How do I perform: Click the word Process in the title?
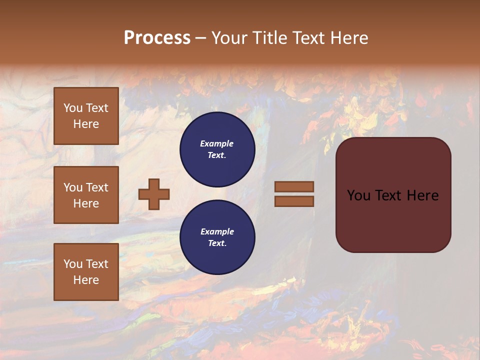[x=157, y=38]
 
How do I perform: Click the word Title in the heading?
[x=268, y=38]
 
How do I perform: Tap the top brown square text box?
[x=86, y=116]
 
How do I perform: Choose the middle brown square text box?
[x=86, y=195]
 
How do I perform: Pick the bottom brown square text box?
[x=86, y=272]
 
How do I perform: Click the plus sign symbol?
[x=154, y=194]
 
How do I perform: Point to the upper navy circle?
[x=217, y=149]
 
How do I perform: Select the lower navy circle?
[x=217, y=237]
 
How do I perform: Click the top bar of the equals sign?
[x=294, y=186]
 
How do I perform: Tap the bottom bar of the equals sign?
[x=294, y=201]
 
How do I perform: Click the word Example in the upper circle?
[x=217, y=143]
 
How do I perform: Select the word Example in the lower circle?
[x=217, y=231]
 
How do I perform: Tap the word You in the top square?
[x=73, y=108]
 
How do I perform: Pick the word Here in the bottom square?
[x=86, y=280]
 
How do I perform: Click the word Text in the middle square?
[x=96, y=187]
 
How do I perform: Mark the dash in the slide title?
[x=200, y=38]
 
